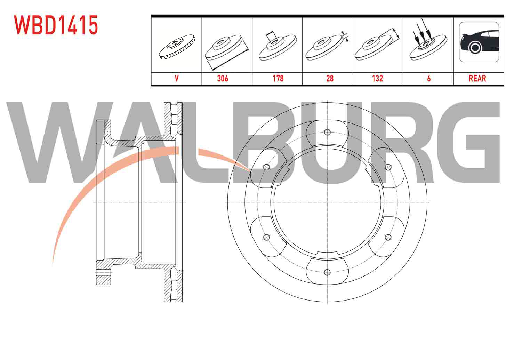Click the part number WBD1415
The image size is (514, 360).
click(56, 25)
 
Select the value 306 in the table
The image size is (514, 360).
click(223, 79)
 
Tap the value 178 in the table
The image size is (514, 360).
click(278, 79)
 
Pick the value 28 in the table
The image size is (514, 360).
click(330, 79)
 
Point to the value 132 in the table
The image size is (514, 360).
click(377, 79)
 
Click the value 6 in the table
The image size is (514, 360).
click(429, 79)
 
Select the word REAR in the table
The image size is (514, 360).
click(477, 79)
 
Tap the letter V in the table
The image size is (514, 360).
click(176, 79)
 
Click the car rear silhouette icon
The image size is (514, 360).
click(479, 42)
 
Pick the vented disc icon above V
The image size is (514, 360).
click(177, 47)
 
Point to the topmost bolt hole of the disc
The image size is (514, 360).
click(327, 132)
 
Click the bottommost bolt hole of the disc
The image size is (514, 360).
click(327, 272)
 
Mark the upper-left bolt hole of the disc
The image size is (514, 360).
click(266, 167)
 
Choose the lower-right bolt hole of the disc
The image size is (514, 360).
click(388, 237)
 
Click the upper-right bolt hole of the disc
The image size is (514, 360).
click(388, 167)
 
